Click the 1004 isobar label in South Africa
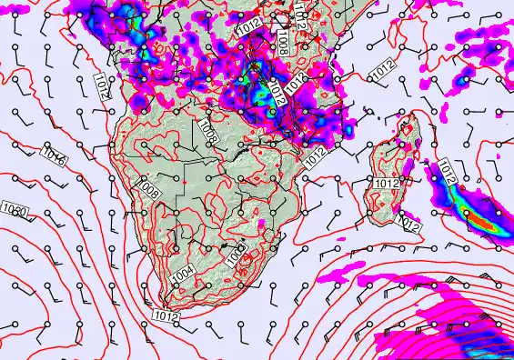182,273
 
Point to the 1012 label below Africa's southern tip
166,315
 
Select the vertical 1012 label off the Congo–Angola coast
102,87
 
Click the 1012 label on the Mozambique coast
316,155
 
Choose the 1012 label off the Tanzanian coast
383,66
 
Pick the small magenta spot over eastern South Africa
261,222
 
